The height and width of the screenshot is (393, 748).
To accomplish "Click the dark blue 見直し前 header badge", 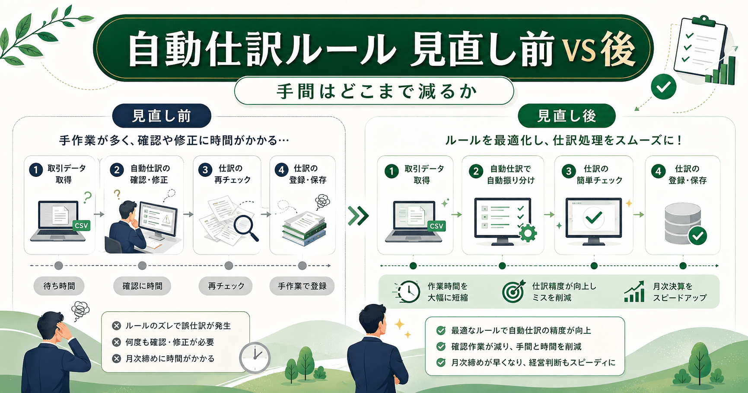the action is click(162, 116).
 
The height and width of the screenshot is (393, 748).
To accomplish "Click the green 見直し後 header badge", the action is click(566, 116).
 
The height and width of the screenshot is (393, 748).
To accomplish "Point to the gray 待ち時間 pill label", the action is click(59, 286).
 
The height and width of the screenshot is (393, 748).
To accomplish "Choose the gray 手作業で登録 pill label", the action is click(302, 286).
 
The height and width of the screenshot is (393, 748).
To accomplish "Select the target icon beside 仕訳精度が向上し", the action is click(513, 291).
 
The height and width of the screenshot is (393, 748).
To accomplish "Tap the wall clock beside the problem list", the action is click(255, 358).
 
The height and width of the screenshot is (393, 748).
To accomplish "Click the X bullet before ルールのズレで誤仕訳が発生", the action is click(116, 326).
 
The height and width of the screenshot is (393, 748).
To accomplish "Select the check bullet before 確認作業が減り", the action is click(441, 346).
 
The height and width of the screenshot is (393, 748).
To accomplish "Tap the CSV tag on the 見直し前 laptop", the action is click(81, 225).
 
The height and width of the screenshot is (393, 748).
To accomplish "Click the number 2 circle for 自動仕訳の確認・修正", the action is click(117, 170).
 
